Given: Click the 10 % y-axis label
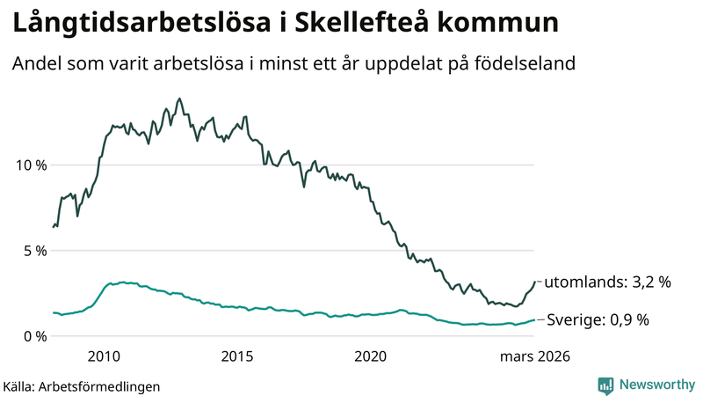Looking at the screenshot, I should coord(30,165).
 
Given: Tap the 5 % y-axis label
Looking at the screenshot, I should coord(34,251).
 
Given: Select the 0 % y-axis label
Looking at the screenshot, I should coord(34,336).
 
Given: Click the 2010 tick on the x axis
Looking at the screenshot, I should coord(104,356).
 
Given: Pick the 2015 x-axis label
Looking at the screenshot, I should coord(237,356).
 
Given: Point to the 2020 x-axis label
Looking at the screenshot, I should coord(370,356).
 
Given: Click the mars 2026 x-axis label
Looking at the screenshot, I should coord(535,356).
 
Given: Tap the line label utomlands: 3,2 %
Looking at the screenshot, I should coord(608,282).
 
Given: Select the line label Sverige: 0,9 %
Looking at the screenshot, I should coord(598,320).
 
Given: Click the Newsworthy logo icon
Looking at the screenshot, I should coord(605,385).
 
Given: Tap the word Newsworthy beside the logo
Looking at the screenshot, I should coord(656,385).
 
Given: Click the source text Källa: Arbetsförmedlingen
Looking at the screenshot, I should coord(82,385).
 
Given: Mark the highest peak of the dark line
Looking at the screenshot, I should coord(179,99).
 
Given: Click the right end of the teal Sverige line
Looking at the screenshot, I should coord(534,320).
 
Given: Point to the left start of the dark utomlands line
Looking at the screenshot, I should coord(54,227).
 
